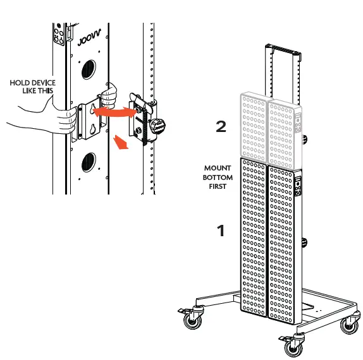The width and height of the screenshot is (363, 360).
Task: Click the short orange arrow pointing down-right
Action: click(121, 142)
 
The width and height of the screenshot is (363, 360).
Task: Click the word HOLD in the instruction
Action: click(20, 83)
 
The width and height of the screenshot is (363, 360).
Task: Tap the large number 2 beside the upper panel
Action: click(221, 127)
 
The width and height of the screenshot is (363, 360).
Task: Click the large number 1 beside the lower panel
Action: click(221, 231)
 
